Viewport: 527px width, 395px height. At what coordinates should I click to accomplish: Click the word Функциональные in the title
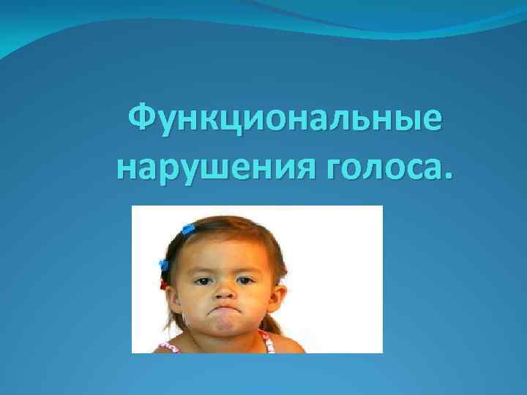(285, 119)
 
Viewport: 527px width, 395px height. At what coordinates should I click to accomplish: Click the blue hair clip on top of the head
(188, 229)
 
